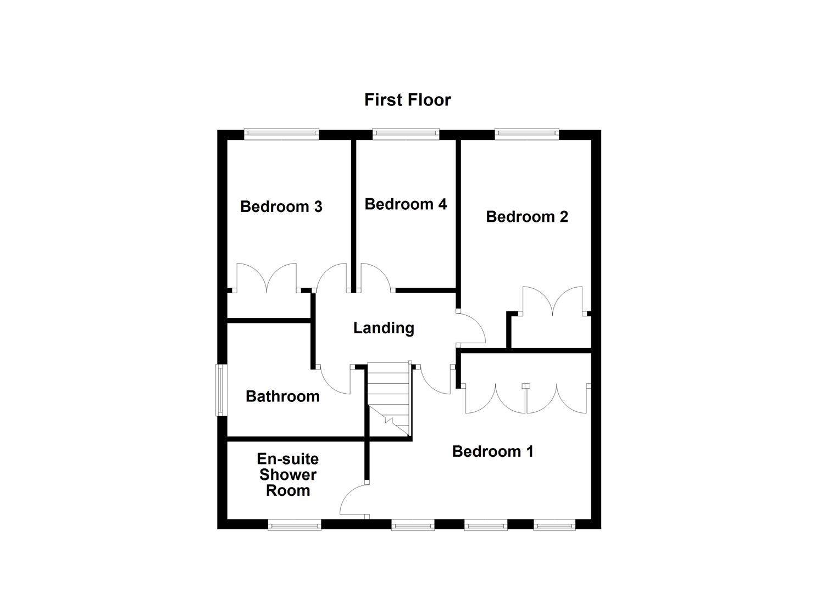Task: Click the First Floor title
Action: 407,100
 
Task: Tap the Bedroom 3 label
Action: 281,207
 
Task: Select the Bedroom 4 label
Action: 406,204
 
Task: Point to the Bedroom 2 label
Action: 526,217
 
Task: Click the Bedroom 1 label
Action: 492,451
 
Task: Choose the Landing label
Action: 383,328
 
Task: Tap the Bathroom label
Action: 282,396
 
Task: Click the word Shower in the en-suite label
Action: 288,474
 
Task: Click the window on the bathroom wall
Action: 221,390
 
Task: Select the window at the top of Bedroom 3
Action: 281,132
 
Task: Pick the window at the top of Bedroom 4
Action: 406,132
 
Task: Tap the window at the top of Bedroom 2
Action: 526,132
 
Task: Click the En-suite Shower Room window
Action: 295,526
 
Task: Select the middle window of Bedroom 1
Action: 485,526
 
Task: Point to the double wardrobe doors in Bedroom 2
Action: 552,301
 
